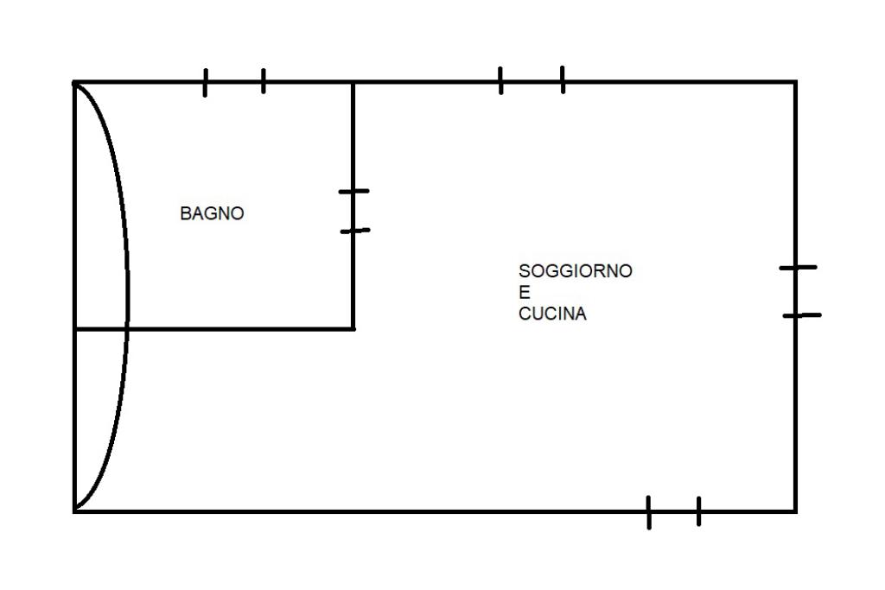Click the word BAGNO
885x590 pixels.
[x=212, y=213]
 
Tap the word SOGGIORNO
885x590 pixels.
[x=575, y=271]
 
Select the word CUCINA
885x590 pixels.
[x=552, y=314]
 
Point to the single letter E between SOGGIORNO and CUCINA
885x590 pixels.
[x=524, y=292]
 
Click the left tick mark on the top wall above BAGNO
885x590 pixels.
[x=205, y=82]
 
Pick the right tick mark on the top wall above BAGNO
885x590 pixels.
[x=263, y=81]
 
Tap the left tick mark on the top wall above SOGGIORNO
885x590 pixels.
[x=501, y=80]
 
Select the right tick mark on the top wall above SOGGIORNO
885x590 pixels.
[x=563, y=79]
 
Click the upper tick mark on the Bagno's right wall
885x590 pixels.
[x=353, y=191]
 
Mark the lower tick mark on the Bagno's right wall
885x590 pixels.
[x=354, y=231]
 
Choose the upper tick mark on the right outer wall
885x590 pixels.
[x=797, y=268]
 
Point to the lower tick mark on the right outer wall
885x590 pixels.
[x=801, y=315]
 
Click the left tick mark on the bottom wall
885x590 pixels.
[x=649, y=512]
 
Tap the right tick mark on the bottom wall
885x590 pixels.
[x=698, y=511]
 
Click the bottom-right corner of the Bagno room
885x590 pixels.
[x=353, y=328]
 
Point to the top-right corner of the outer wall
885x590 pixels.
[x=795, y=82]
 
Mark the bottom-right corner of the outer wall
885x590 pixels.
[x=795, y=511]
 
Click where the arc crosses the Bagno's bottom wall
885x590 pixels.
[x=128, y=328]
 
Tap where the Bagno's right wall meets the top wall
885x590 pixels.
[x=353, y=82]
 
